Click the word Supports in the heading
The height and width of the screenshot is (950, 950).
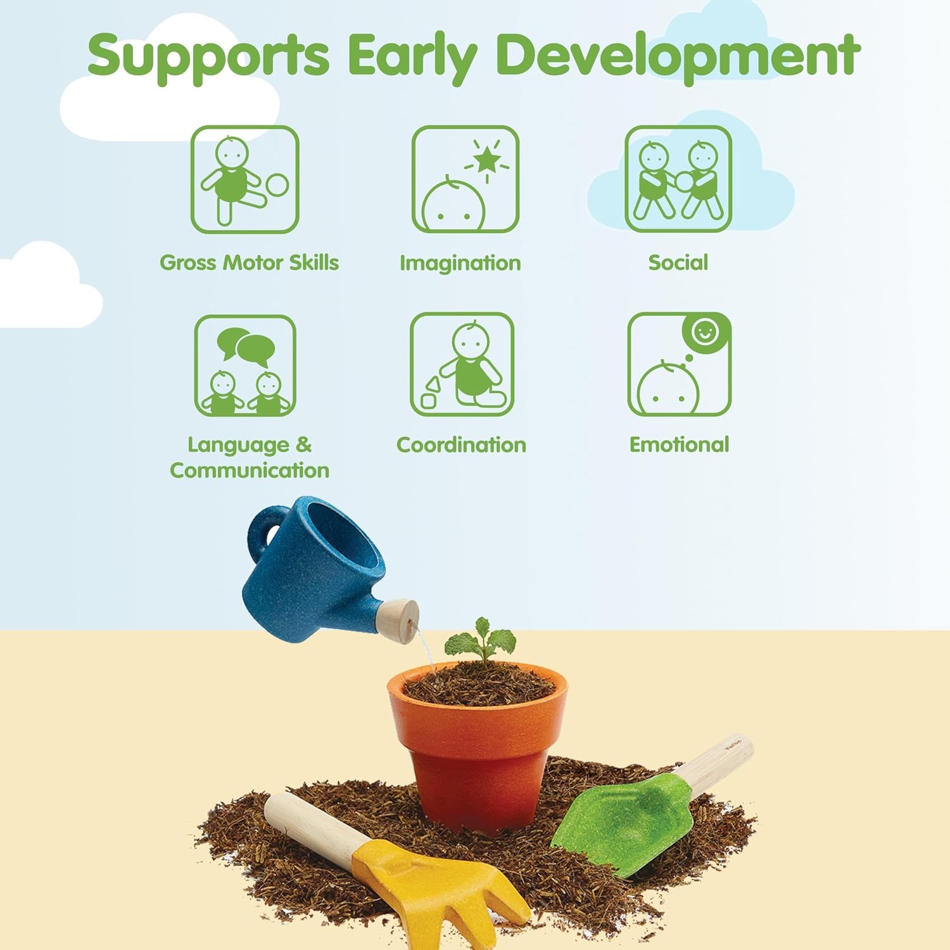click(x=208, y=56)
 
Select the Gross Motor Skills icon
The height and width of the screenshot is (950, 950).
click(x=245, y=179)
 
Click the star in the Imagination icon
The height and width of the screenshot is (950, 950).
click(x=487, y=160)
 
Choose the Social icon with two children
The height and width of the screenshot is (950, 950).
click(x=678, y=179)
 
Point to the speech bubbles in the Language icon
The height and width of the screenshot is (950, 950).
click(x=246, y=346)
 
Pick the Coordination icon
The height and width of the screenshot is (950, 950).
click(x=462, y=364)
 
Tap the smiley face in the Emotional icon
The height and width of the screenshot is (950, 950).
click(x=705, y=332)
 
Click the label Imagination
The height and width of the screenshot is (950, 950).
click(x=460, y=263)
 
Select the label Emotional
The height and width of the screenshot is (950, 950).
click(x=679, y=445)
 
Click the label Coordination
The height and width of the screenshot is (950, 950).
click(x=461, y=445)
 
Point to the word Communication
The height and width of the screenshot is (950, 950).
click(x=250, y=470)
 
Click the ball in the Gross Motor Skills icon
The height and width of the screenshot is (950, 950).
click(x=276, y=185)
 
